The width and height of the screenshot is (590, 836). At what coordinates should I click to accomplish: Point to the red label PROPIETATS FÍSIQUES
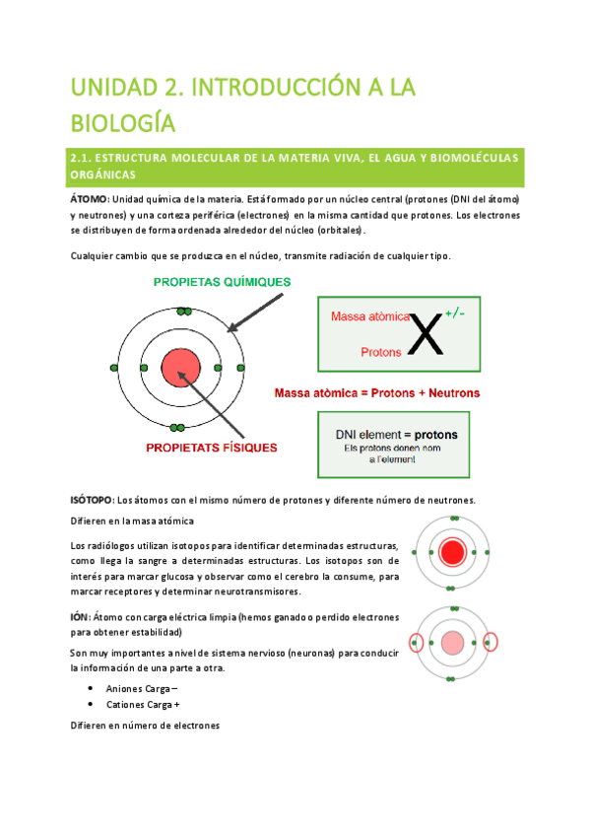(x=211, y=447)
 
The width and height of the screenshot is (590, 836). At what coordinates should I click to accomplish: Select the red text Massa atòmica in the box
(x=369, y=317)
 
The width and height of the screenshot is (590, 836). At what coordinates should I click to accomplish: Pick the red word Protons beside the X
(x=381, y=351)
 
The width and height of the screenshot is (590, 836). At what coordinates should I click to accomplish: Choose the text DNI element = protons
(x=389, y=434)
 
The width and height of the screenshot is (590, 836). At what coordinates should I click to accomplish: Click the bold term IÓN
(x=81, y=617)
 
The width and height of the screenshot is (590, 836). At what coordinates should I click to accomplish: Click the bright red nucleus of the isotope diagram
(x=453, y=550)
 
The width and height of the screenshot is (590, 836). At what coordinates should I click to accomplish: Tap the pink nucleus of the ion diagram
(x=453, y=644)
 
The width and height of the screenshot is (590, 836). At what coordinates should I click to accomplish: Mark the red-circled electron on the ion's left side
(x=416, y=644)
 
